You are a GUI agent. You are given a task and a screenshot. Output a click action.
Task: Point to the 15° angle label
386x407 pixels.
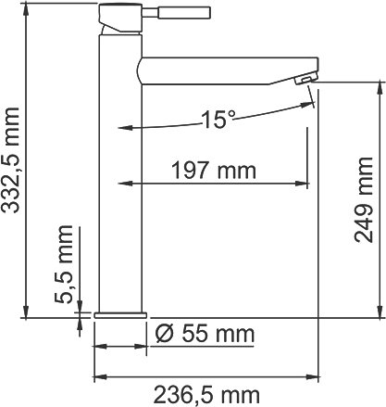[218, 118]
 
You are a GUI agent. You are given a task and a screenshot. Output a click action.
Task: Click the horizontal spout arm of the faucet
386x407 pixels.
[222, 70]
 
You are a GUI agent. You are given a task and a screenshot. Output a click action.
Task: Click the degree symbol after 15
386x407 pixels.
[232, 113]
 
